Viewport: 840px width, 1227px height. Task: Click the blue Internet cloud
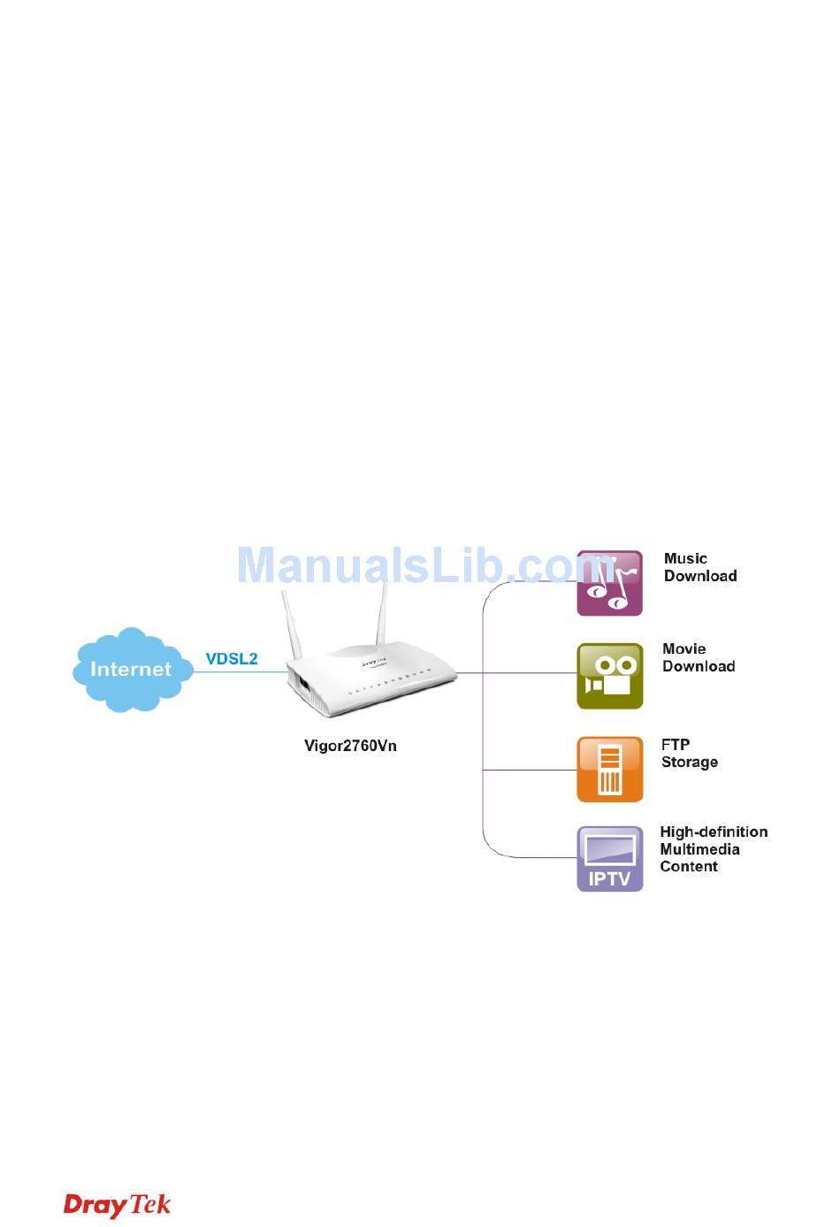(x=132, y=669)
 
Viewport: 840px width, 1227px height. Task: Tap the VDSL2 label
(x=232, y=658)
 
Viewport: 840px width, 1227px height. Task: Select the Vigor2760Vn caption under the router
(x=350, y=746)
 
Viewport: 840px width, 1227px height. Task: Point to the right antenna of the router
(x=381, y=612)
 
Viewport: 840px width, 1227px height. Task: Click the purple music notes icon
(x=609, y=584)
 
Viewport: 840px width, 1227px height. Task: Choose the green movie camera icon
(x=609, y=676)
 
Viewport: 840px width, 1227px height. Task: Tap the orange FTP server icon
(x=609, y=770)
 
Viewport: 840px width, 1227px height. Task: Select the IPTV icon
(x=609, y=859)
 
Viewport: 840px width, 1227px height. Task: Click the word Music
(x=685, y=559)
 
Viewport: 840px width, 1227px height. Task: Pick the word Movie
(x=683, y=649)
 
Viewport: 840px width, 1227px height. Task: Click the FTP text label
(x=676, y=745)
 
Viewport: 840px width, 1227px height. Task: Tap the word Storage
(x=689, y=763)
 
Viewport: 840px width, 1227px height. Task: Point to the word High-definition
(x=714, y=832)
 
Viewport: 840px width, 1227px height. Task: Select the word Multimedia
(x=699, y=849)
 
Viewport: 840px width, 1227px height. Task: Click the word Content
(x=689, y=867)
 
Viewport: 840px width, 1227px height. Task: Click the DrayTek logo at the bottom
(x=117, y=1205)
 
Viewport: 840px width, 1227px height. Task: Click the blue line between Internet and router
(x=240, y=672)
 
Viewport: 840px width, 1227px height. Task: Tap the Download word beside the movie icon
(x=699, y=667)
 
